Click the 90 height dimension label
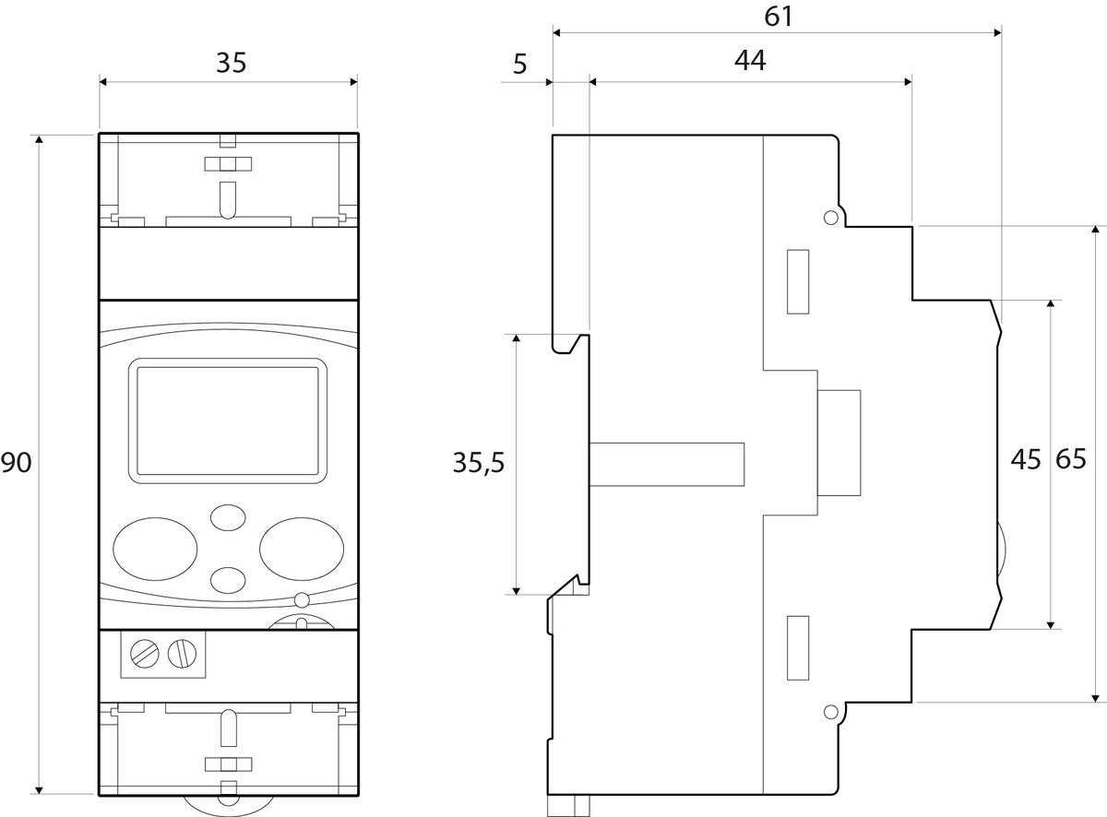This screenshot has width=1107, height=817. click(x=16, y=463)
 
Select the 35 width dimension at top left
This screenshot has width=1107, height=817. click(x=231, y=63)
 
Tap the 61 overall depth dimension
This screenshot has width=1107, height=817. click(x=778, y=17)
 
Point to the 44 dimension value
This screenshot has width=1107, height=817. click(x=750, y=60)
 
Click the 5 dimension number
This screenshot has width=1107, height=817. click(x=519, y=65)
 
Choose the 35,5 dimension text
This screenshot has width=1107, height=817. click(x=478, y=463)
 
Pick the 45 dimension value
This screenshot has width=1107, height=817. click(x=1026, y=459)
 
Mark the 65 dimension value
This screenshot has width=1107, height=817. click(x=1071, y=459)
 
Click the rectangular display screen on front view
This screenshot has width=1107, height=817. click(x=228, y=420)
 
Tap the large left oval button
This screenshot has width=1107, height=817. click(x=155, y=549)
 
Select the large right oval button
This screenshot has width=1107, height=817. click(x=302, y=549)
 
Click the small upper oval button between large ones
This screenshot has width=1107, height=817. click(x=228, y=517)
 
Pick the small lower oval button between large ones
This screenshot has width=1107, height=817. click(x=228, y=580)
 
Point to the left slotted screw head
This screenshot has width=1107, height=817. click(x=145, y=653)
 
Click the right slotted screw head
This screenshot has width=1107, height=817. click(x=182, y=653)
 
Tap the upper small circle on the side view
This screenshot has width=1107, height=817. click(x=830, y=218)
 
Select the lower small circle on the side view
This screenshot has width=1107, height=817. click(x=830, y=712)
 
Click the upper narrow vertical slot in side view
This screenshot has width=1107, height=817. click(x=798, y=282)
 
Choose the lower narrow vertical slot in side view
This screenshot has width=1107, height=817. click(x=798, y=648)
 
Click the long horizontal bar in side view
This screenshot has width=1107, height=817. click(x=667, y=464)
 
